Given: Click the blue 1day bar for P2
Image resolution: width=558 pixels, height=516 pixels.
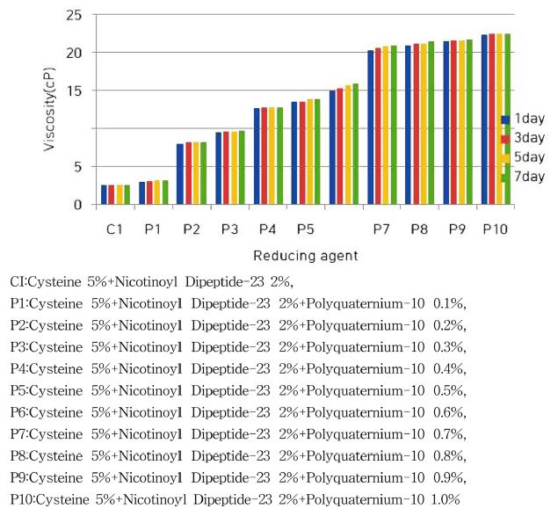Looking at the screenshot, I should coord(180,174).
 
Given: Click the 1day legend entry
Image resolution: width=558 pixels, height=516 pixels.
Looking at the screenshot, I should coord(524,119).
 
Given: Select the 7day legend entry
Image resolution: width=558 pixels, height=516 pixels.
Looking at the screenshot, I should coord(524,177).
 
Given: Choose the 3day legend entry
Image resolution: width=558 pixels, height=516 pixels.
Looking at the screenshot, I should coord(524,138).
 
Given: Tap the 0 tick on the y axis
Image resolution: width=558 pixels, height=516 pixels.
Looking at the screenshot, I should coord(78,205).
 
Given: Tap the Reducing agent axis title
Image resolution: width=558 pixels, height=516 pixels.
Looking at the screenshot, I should coord(304,257).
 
